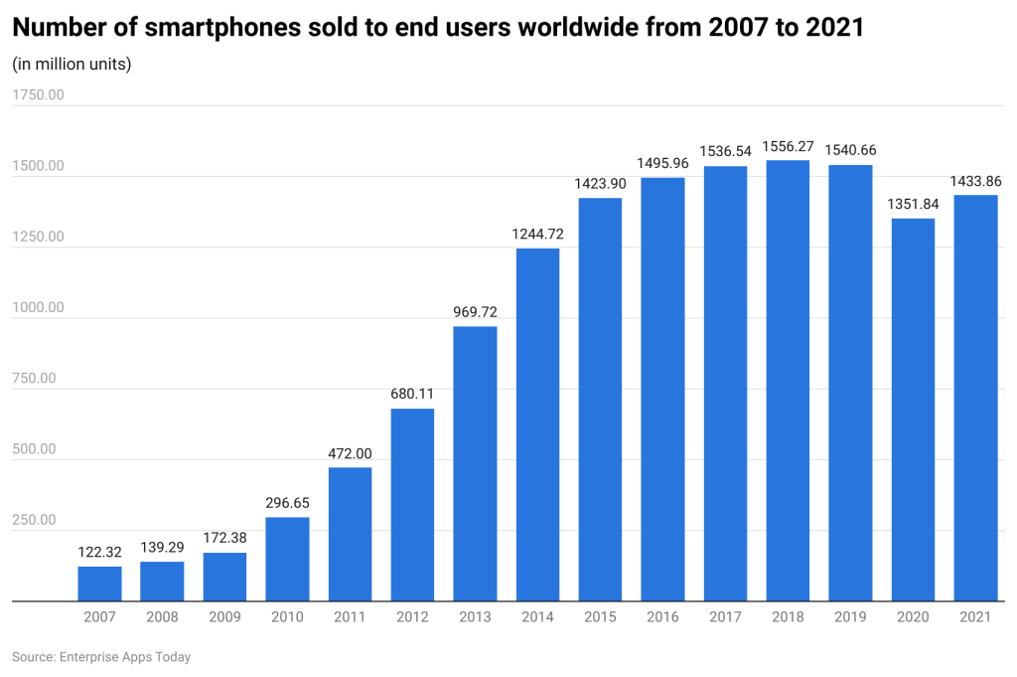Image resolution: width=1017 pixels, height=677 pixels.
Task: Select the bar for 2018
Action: [x=788, y=381]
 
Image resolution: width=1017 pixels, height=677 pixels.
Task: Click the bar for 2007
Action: [x=99, y=584]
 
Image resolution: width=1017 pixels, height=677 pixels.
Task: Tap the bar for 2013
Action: [x=475, y=463]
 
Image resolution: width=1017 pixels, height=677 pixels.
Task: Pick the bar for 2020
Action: [x=913, y=410]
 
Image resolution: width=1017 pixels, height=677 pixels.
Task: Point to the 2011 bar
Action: [x=350, y=534]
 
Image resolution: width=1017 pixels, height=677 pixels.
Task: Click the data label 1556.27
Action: [x=788, y=146]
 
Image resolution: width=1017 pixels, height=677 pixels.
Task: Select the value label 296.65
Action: [x=287, y=503]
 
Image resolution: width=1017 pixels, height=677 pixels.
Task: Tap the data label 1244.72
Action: [x=537, y=234]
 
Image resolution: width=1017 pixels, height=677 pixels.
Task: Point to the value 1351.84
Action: [x=913, y=204]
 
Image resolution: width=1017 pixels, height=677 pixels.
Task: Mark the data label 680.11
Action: [x=412, y=394]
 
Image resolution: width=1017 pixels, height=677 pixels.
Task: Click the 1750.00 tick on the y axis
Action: [x=38, y=95]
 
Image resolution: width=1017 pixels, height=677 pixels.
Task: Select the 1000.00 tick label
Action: [x=38, y=307]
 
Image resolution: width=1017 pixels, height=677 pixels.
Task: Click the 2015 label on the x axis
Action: [x=600, y=617]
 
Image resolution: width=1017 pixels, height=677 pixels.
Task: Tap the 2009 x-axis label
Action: [x=224, y=617]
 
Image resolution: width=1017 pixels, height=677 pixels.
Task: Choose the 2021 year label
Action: [x=975, y=617]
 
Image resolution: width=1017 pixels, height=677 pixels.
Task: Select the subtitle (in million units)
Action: [x=72, y=65]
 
